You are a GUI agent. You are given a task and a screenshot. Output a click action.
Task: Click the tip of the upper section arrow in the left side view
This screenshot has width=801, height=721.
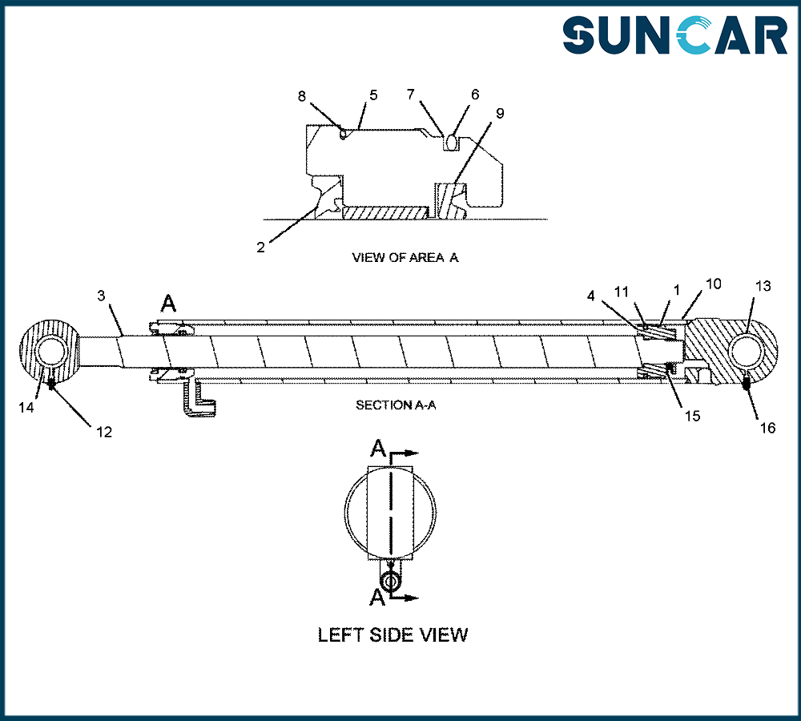(419, 453)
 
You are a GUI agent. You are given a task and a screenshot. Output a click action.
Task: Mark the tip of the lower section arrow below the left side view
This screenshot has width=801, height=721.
(419, 598)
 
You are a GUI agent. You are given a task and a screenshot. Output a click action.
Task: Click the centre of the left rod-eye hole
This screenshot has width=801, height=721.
(51, 352)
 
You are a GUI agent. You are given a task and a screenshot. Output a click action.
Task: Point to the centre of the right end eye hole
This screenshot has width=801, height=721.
(747, 352)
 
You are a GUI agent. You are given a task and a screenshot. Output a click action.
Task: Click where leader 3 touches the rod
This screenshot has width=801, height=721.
(123, 335)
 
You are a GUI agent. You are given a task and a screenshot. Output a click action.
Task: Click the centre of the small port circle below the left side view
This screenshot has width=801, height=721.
(391, 582)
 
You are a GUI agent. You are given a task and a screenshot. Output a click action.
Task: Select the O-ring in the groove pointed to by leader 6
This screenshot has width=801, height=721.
(450, 142)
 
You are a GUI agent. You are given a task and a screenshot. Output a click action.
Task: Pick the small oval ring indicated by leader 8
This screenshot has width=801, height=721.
(344, 134)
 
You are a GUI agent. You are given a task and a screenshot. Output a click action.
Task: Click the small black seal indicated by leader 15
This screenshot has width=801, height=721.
(669, 368)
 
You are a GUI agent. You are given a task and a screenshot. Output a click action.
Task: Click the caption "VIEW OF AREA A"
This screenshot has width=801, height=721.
(405, 257)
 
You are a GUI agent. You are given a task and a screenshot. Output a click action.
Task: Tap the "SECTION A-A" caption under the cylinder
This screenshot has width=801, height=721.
(396, 405)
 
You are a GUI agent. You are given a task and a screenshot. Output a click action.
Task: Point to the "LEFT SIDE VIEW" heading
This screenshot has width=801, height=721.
(392, 635)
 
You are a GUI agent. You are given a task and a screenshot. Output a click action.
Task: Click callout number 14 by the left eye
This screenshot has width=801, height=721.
(26, 407)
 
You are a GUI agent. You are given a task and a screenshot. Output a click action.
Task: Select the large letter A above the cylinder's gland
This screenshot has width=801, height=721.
(168, 304)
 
